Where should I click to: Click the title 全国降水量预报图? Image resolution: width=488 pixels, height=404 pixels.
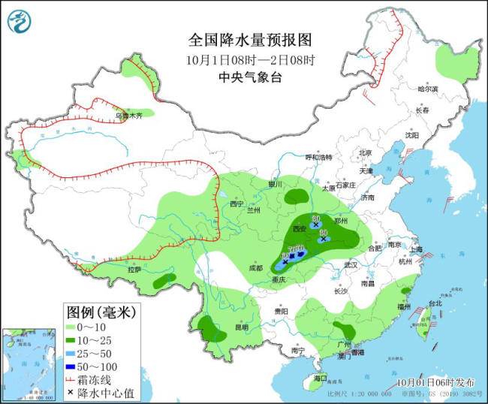[x=249, y=40]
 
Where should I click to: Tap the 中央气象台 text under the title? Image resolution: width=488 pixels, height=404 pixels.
[x=249, y=77]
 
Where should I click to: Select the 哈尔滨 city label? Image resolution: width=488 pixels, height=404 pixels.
[x=427, y=89]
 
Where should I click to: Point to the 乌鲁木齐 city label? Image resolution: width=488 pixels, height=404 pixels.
[x=128, y=116]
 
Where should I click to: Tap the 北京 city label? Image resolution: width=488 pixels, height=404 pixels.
[x=366, y=152]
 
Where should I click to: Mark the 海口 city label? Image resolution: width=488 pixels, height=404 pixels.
[x=321, y=377]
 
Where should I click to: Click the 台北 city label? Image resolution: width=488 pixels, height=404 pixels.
[x=435, y=303]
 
